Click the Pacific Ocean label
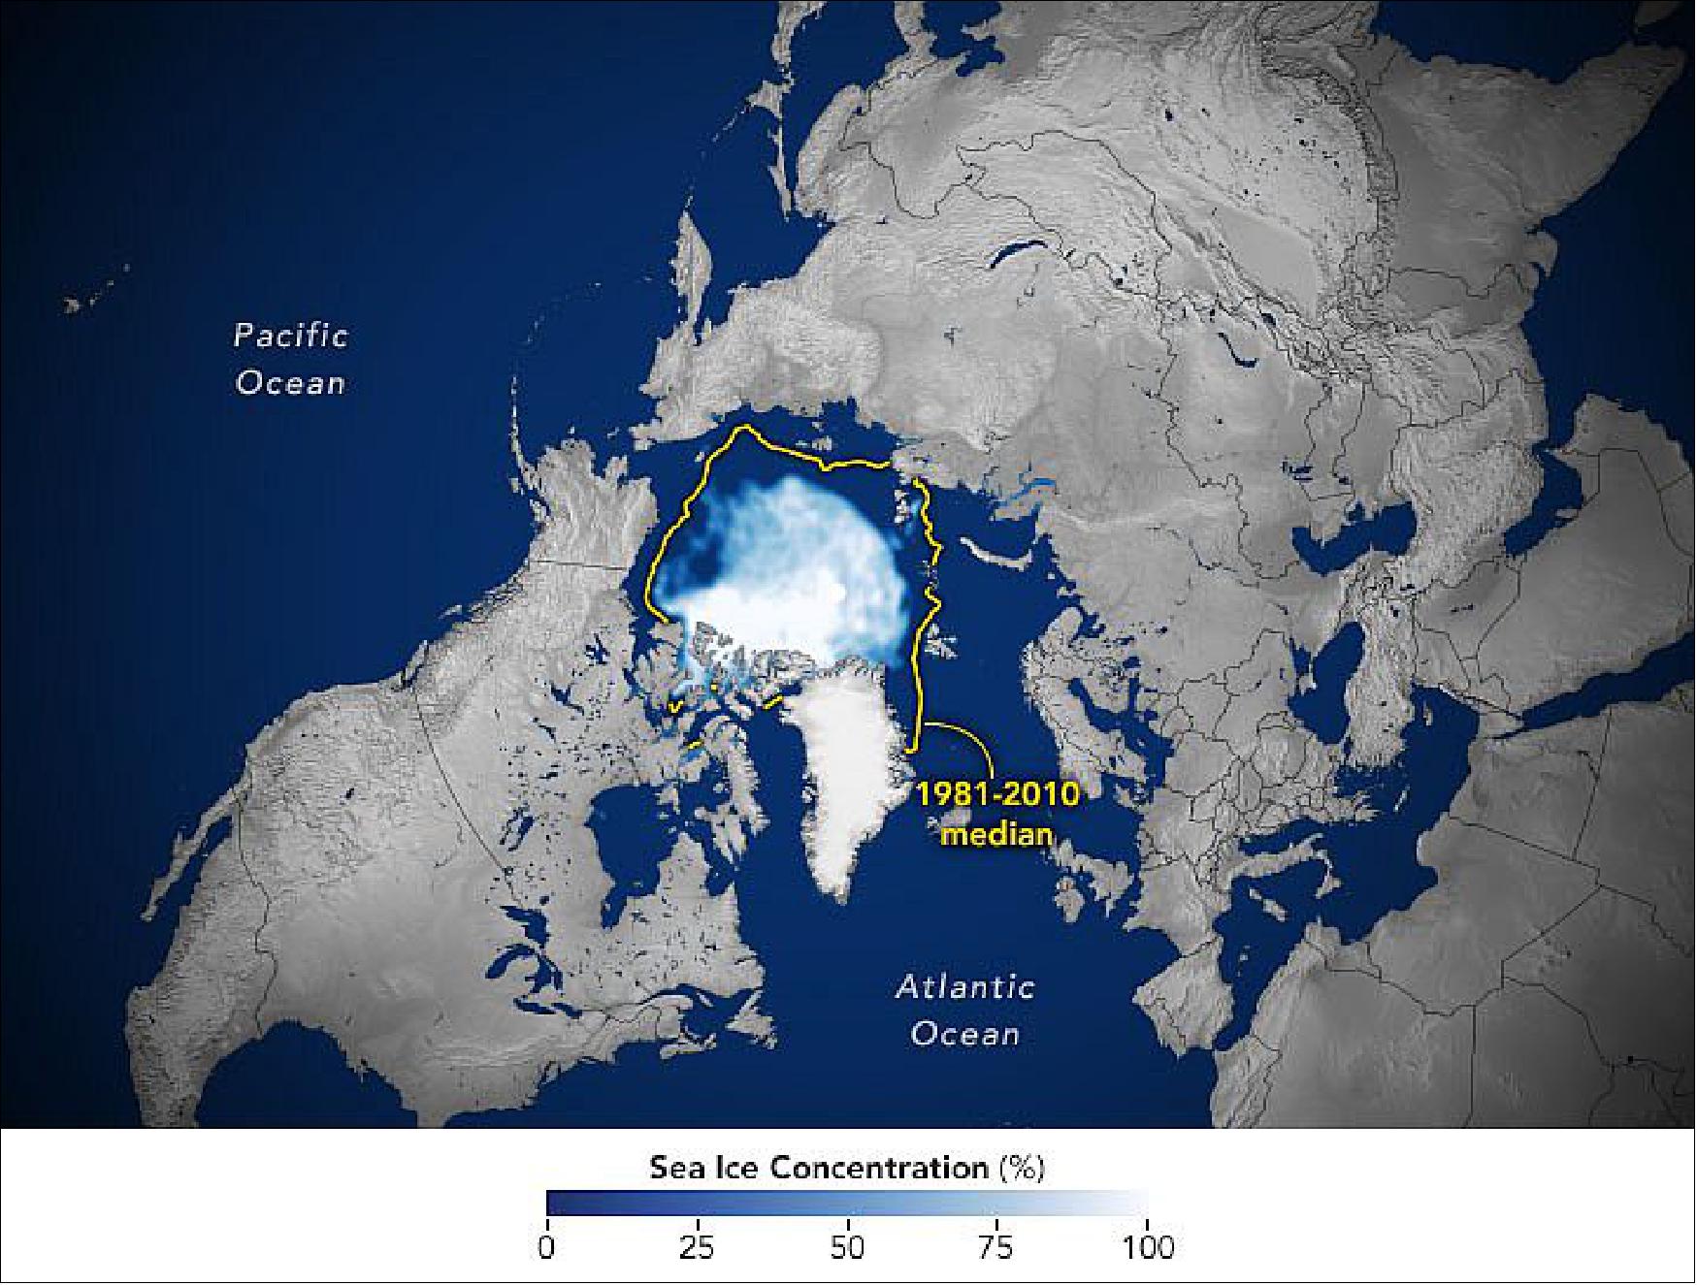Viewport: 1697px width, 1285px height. (x=291, y=359)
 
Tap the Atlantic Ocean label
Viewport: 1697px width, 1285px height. (x=964, y=1011)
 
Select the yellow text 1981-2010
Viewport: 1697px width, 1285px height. (x=998, y=796)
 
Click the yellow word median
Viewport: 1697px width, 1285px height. (x=998, y=833)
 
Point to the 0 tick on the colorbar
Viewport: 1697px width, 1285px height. (x=547, y=1246)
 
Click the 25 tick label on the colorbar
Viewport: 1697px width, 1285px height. (x=698, y=1246)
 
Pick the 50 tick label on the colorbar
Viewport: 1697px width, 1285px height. (x=847, y=1246)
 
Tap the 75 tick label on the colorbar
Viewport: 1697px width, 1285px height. (x=997, y=1246)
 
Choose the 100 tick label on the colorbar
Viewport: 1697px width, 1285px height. (x=1147, y=1246)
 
